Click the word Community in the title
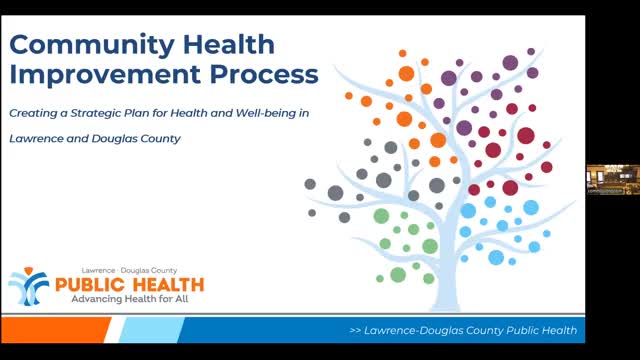click(91, 45)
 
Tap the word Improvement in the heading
click(105, 74)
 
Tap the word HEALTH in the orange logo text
click(168, 284)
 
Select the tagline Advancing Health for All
click(130, 299)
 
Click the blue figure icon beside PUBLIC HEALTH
click(29, 287)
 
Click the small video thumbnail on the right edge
click(613, 180)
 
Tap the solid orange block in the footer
click(55, 330)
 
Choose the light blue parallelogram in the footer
click(152, 330)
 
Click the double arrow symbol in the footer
click(355, 330)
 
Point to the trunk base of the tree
click(446, 304)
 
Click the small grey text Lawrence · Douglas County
click(129, 270)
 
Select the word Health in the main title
click(229, 44)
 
